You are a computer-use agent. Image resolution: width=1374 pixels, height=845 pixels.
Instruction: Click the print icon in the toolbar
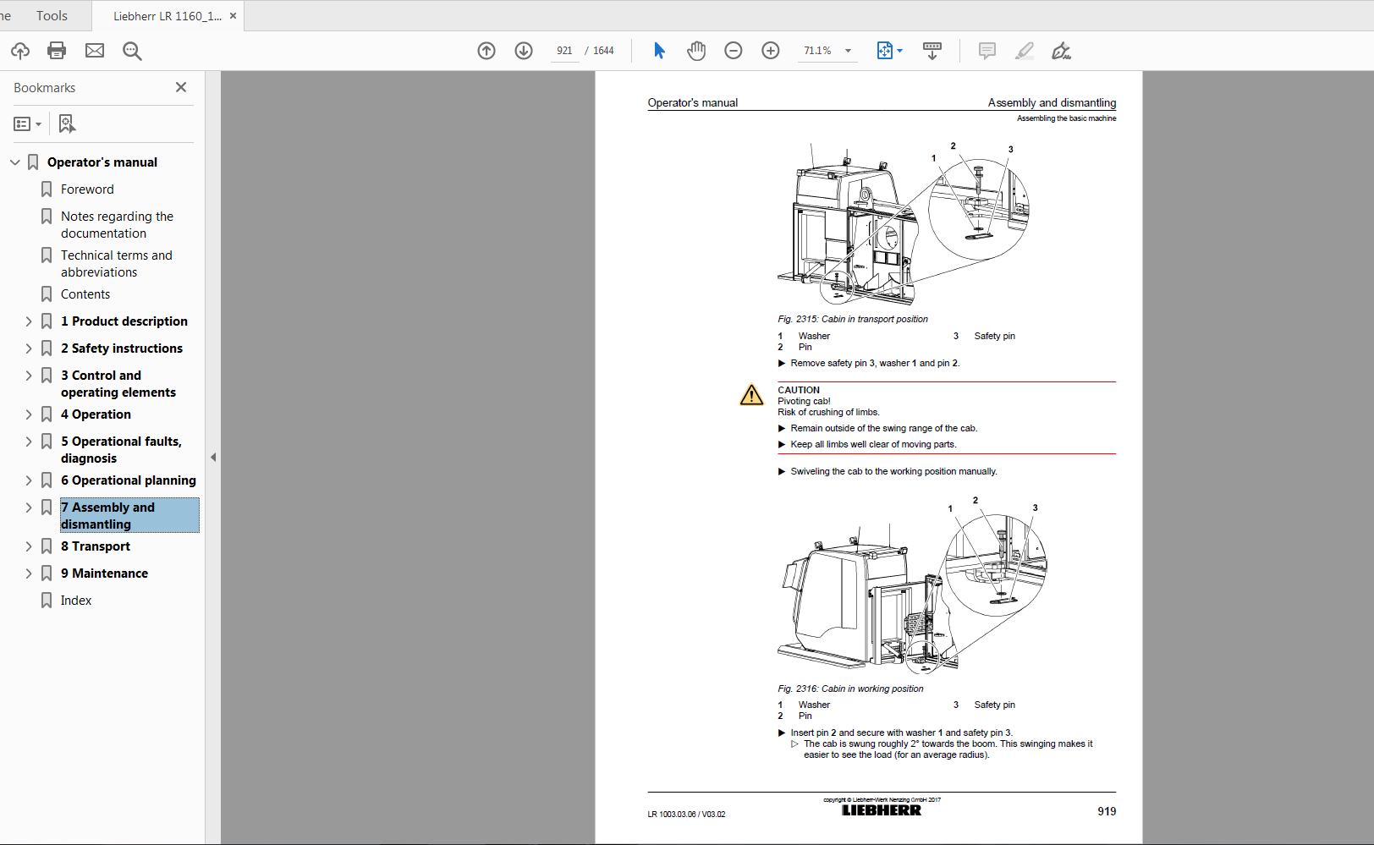coord(57,51)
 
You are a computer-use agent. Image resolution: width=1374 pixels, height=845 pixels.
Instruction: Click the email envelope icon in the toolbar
coord(95,51)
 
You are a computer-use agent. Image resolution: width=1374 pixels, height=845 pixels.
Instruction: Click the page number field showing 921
coord(564,51)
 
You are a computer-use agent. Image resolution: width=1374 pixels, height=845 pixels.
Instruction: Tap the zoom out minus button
coord(734,51)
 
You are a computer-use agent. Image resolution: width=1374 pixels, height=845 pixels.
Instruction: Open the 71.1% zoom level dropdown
coord(848,51)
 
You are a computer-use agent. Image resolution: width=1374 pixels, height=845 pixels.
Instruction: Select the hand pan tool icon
coord(696,51)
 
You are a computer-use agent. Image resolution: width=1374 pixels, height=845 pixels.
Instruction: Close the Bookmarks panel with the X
coord(180,87)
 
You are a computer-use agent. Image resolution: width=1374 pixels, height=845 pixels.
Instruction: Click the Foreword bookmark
coord(87,189)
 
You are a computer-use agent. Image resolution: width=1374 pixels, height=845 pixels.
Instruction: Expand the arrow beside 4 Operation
coord(29,414)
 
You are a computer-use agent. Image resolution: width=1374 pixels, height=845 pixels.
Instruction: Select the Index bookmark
coord(76,601)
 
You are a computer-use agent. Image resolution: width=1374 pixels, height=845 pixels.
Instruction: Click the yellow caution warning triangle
coord(751,395)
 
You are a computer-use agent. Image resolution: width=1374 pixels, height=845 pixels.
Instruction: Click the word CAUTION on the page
coord(799,390)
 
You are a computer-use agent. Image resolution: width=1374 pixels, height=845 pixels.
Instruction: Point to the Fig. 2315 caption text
coord(852,319)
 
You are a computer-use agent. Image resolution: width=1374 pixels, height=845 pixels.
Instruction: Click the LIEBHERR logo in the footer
coord(881,810)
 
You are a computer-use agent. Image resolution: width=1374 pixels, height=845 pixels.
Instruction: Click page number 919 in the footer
coord(1106,811)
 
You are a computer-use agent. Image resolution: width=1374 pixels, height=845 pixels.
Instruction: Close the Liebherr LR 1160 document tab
coord(233,16)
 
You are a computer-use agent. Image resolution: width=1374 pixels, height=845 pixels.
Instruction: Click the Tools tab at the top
coord(52,16)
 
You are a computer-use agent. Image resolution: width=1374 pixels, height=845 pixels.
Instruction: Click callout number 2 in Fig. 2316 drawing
coord(976,500)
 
